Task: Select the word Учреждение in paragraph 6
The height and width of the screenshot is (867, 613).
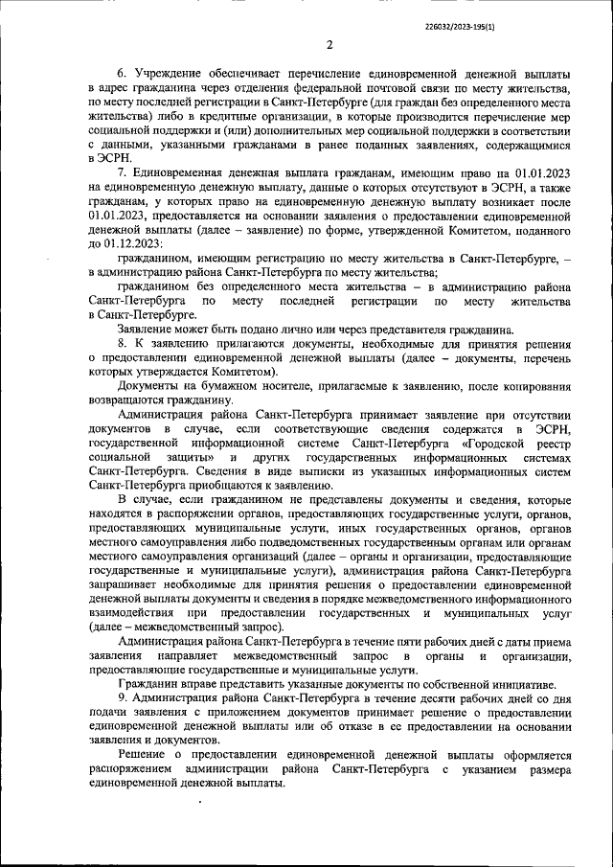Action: pos(165,74)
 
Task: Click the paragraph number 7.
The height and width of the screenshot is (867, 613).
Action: pos(122,171)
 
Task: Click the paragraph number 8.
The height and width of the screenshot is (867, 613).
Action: pos(122,343)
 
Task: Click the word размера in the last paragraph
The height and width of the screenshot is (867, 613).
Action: pos(543,770)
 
